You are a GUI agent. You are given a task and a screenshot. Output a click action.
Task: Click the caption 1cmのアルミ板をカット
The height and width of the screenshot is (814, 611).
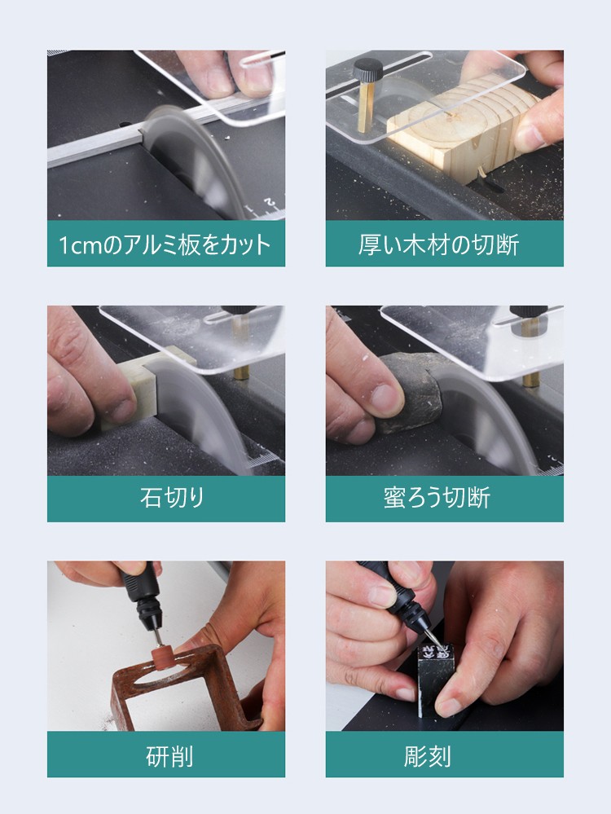[x=165, y=244]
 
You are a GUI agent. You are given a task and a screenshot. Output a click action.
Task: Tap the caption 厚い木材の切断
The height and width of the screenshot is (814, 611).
[x=438, y=244]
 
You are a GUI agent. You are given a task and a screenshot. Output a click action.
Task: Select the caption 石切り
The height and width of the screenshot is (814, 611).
[x=172, y=497]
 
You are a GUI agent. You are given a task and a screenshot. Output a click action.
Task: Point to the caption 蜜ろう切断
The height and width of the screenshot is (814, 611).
[x=437, y=497]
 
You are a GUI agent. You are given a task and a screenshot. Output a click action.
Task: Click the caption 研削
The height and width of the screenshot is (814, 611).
[x=169, y=755]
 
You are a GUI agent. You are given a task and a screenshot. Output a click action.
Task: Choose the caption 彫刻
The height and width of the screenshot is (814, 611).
[x=427, y=755]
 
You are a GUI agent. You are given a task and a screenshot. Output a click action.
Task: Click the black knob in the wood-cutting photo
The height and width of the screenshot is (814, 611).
[x=367, y=68]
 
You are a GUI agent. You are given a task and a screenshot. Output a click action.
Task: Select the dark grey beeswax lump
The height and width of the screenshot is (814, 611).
[x=410, y=392]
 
